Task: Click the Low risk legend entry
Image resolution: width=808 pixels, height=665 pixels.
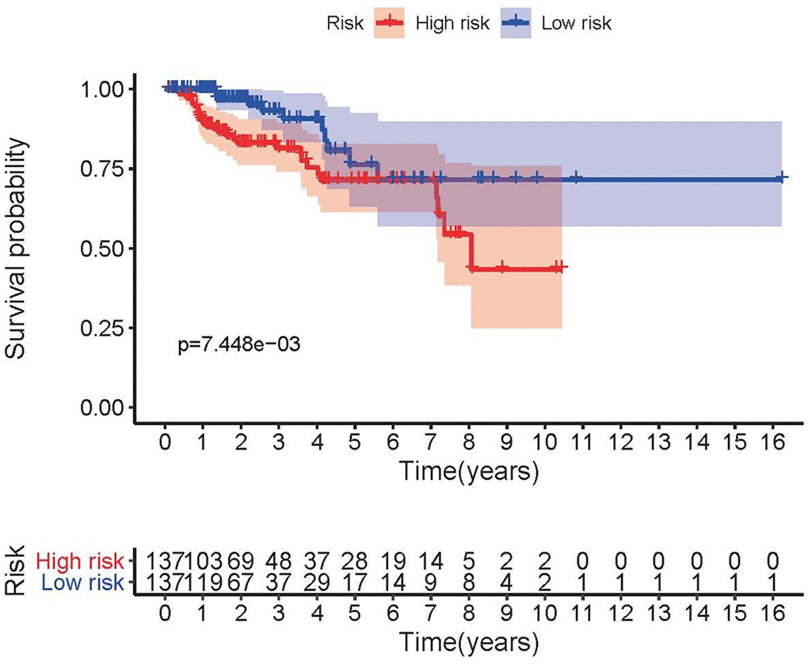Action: coord(576,24)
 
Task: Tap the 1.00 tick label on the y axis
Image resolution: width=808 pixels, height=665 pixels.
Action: coord(102,89)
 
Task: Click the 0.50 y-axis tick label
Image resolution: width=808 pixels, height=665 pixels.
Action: coord(102,249)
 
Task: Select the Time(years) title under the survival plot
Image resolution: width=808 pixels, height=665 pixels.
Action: coord(470,472)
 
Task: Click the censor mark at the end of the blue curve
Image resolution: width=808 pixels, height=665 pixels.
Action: coord(782,178)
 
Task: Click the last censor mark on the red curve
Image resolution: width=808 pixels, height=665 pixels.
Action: coord(560,268)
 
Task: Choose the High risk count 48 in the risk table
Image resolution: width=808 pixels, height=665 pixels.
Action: coord(278,562)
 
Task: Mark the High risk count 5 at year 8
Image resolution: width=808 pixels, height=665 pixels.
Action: coord(470,562)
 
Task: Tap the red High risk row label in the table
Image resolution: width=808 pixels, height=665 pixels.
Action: coord(80,562)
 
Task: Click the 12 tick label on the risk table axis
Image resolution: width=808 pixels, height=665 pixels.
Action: coord(621,613)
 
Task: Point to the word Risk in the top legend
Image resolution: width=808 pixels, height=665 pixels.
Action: coord(345,24)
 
